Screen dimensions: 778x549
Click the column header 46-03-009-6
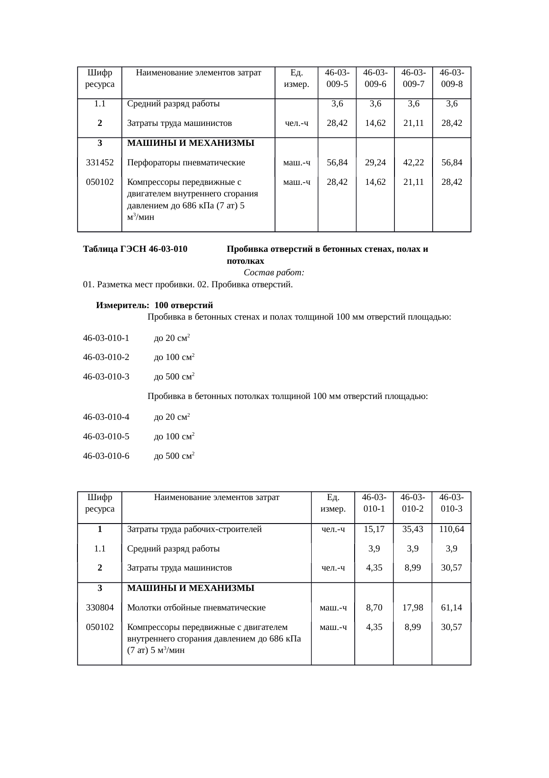click(x=375, y=78)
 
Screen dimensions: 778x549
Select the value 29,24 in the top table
click(x=375, y=162)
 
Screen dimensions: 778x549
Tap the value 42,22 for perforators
click(x=414, y=162)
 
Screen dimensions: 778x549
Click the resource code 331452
click(x=100, y=162)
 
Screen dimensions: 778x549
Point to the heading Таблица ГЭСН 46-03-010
click(x=135, y=249)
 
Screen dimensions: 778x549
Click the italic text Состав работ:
click(x=274, y=272)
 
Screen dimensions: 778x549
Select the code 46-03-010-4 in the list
click(x=106, y=417)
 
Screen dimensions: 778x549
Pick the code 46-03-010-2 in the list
click(x=106, y=357)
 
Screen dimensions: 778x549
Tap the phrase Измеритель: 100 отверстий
click(x=155, y=305)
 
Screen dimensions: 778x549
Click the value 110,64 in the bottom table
click(x=451, y=529)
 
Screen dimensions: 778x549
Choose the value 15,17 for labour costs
click(x=374, y=529)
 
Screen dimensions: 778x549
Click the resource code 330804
click(x=100, y=607)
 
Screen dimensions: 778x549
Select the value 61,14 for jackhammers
click(x=451, y=607)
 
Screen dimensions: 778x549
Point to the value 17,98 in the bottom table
click(x=413, y=607)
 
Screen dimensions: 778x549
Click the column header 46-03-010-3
click(x=451, y=503)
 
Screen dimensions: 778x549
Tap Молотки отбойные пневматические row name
click(x=196, y=607)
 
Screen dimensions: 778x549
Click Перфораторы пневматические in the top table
click(x=186, y=162)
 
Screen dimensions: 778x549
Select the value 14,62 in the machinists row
click(x=375, y=123)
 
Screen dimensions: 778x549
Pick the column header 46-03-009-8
click(x=452, y=78)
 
